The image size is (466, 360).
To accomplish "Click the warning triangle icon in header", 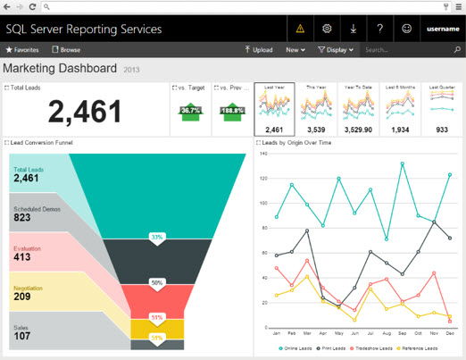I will (300, 29).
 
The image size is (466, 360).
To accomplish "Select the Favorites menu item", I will (22, 50).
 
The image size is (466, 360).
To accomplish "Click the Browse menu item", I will (66, 50).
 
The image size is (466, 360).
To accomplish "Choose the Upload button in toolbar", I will (259, 50).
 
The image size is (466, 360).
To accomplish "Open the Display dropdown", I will (336, 50).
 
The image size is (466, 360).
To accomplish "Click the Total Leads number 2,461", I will (85, 112).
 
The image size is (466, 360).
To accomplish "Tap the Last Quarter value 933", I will (442, 130).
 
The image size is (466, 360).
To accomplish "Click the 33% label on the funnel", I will (157, 238).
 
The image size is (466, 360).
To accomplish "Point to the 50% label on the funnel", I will (157, 282).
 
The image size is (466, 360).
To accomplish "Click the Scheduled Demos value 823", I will (22, 218).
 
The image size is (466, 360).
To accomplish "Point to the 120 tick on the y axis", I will (263, 178).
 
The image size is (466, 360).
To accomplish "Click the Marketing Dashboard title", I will (60, 68).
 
